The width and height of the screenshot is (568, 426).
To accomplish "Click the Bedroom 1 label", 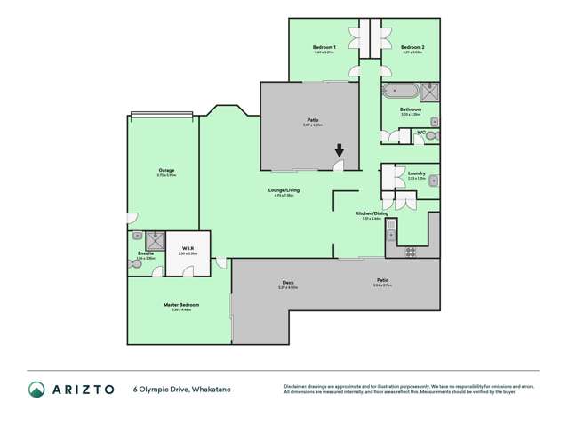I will tap(324, 47).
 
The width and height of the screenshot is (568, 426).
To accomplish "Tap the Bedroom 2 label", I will tap(412, 47).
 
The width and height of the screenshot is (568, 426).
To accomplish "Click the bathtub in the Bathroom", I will tap(399, 90).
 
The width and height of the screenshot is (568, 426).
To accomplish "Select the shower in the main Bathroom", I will tap(429, 89).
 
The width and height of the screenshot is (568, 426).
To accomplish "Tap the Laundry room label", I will tap(416, 173).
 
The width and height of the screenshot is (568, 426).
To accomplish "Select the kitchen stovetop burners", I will tap(412, 252).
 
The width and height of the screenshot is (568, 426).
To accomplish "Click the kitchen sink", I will tap(391, 235).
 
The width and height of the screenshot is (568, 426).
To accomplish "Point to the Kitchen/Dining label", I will tap(371, 213).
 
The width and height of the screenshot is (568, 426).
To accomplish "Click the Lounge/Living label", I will tap(284, 190).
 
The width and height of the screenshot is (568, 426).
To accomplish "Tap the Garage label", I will tap(166, 170).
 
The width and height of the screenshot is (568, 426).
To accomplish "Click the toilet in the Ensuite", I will tap(136, 263).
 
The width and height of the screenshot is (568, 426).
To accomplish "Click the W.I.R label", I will tap(188, 248).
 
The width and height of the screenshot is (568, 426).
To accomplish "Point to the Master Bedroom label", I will tap(180, 305).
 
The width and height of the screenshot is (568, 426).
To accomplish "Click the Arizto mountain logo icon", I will tap(36, 389).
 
